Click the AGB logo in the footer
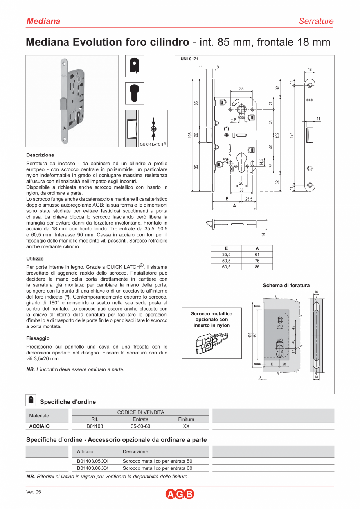180,494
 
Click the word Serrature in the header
316,21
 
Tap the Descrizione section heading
40,155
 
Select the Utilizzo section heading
35,259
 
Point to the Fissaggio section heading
38,338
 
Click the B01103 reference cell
95,426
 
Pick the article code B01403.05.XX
93,461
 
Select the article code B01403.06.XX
93,468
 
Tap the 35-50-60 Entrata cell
140,426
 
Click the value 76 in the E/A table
257,261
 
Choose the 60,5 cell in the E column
226,267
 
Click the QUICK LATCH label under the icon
153,144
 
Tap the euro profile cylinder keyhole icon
134,93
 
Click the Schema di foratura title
286,285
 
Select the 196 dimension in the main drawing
189,135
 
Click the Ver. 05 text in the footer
33,492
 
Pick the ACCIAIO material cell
40,426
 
